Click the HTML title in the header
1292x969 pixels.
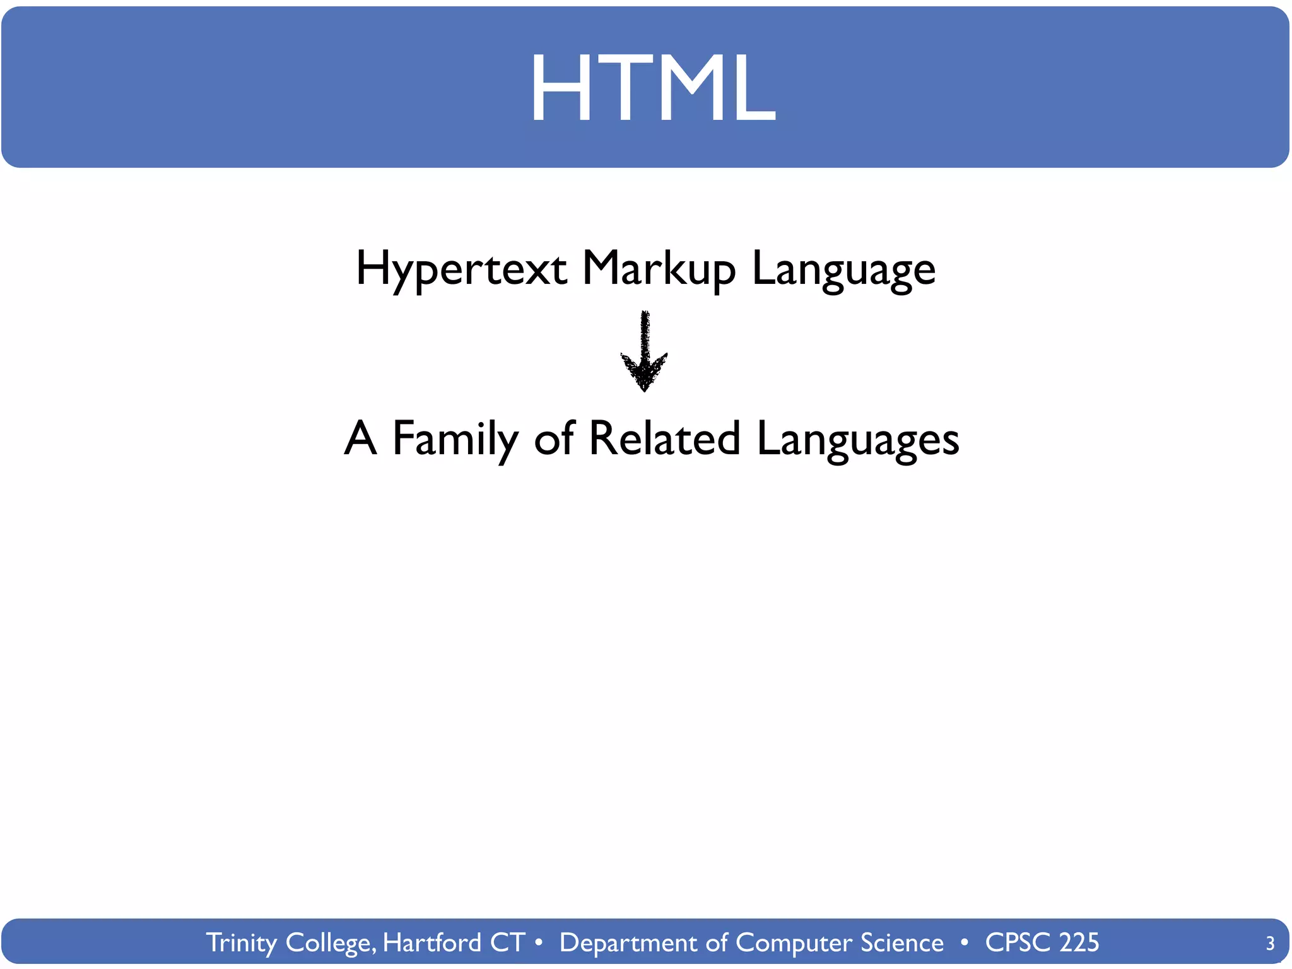(x=652, y=88)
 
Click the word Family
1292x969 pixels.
(x=455, y=439)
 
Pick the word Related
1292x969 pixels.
(x=664, y=439)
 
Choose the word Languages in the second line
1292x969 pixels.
(x=857, y=439)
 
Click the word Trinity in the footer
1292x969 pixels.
(x=242, y=943)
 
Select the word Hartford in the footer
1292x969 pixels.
(x=432, y=943)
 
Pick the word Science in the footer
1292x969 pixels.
(x=901, y=943)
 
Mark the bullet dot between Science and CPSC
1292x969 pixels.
(x=964, y=943)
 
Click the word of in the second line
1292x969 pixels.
(x=554, y=439)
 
